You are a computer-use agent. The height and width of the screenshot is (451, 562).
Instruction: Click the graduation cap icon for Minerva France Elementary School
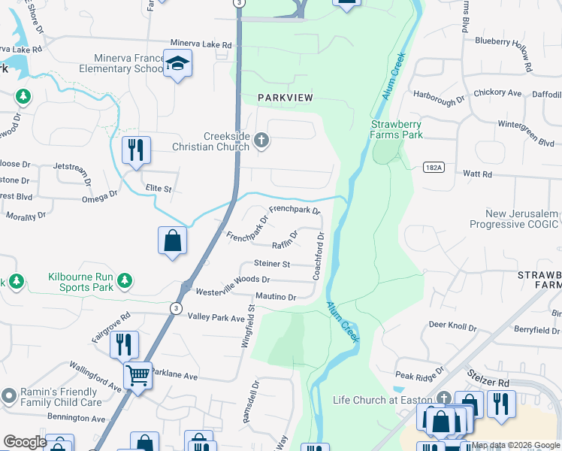(x=177, y=65)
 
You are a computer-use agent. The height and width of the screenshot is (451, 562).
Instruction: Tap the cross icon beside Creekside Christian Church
(x=261, y=140)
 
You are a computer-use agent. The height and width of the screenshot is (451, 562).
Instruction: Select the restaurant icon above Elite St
(x=135, y=150)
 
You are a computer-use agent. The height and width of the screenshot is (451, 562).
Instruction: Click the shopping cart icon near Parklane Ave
(x=137, y=374)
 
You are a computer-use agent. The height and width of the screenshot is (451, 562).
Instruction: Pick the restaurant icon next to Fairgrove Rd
(x=124, y=344)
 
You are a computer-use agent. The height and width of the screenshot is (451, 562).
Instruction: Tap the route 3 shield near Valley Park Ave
(x=174, y=307)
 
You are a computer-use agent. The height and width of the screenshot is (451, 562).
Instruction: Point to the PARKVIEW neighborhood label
(x=285, y=98)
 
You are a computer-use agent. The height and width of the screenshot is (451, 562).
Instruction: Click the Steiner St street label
(x=272, y=264)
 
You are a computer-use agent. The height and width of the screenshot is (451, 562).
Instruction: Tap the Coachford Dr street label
(x=319, y=256)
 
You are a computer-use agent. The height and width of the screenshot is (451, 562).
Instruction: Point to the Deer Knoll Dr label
(x=452, y=327)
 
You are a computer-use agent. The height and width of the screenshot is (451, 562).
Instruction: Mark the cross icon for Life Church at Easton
(x=444, y=398)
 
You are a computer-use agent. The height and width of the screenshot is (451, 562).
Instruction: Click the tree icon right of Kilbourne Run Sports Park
(x=124, y=281)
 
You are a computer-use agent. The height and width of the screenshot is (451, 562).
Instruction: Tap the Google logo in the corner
(x=25, y=442)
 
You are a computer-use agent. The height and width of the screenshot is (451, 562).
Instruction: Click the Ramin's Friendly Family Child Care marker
(x=9, y=395)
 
